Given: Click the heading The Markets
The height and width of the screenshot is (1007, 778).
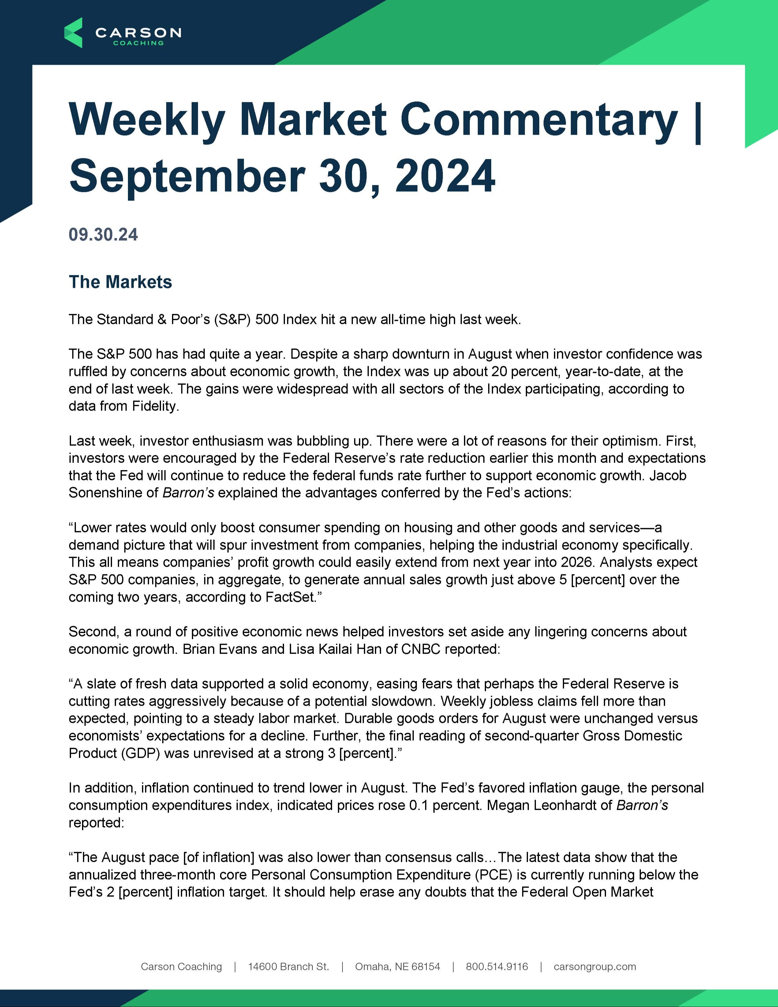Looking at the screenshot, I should pos(120,282).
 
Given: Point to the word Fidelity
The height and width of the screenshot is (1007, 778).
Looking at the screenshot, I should pos(155,406).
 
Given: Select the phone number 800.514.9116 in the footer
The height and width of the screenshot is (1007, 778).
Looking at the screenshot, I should pos(497,966).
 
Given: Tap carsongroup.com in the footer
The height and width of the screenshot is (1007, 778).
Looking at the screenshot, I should pos(595,966).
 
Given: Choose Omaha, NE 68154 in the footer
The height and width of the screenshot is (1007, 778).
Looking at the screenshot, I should pos(397,966).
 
